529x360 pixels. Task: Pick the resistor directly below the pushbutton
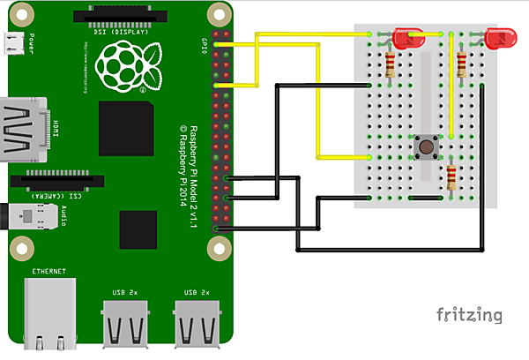pyautogui.click(x=452, y=179)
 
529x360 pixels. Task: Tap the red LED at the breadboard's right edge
pyautogui.click(x=498, y=38)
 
